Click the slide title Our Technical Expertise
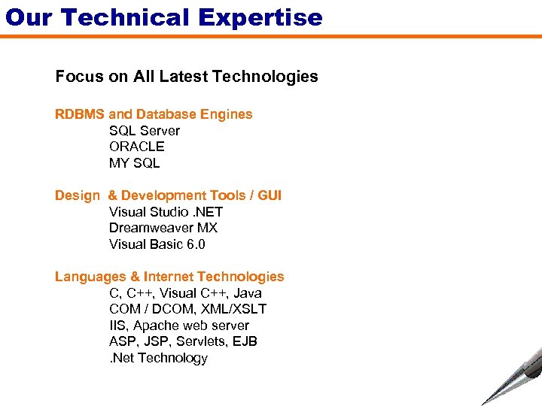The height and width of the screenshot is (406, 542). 163,17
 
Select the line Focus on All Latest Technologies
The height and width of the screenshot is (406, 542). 187,77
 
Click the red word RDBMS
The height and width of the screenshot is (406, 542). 80,114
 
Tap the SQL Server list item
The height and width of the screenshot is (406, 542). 145,131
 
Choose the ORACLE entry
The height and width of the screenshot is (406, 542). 136,147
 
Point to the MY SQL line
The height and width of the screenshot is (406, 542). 135,163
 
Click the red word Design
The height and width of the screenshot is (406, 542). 77,195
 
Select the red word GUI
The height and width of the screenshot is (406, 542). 269,195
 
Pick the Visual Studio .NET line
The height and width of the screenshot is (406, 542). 166,212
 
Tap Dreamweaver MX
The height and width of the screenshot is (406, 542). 163,228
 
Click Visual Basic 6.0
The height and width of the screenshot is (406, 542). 157,244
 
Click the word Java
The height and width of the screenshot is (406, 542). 248,293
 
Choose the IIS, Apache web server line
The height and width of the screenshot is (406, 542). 179,326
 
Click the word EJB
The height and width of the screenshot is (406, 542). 245,341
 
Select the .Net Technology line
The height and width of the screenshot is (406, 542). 158,358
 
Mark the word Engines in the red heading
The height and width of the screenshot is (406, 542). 227,114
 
